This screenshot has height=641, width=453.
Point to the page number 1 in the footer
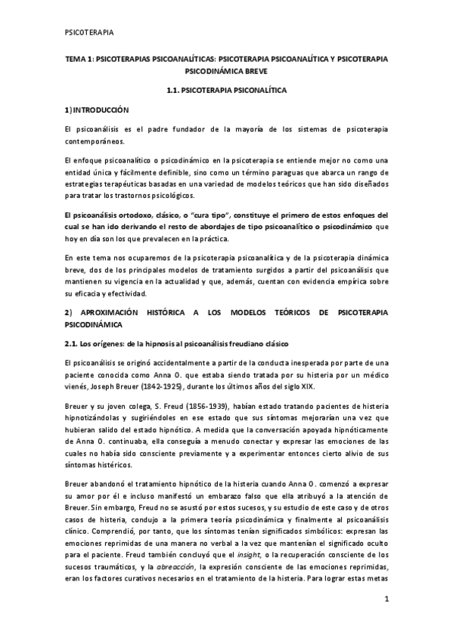tap(386, 601)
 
